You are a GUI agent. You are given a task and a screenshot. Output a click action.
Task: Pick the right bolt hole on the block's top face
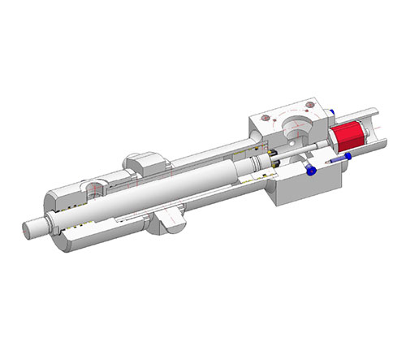311,106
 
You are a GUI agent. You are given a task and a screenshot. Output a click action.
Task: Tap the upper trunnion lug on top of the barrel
144,162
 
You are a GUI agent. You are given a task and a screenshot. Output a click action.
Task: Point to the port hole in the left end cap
95,189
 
